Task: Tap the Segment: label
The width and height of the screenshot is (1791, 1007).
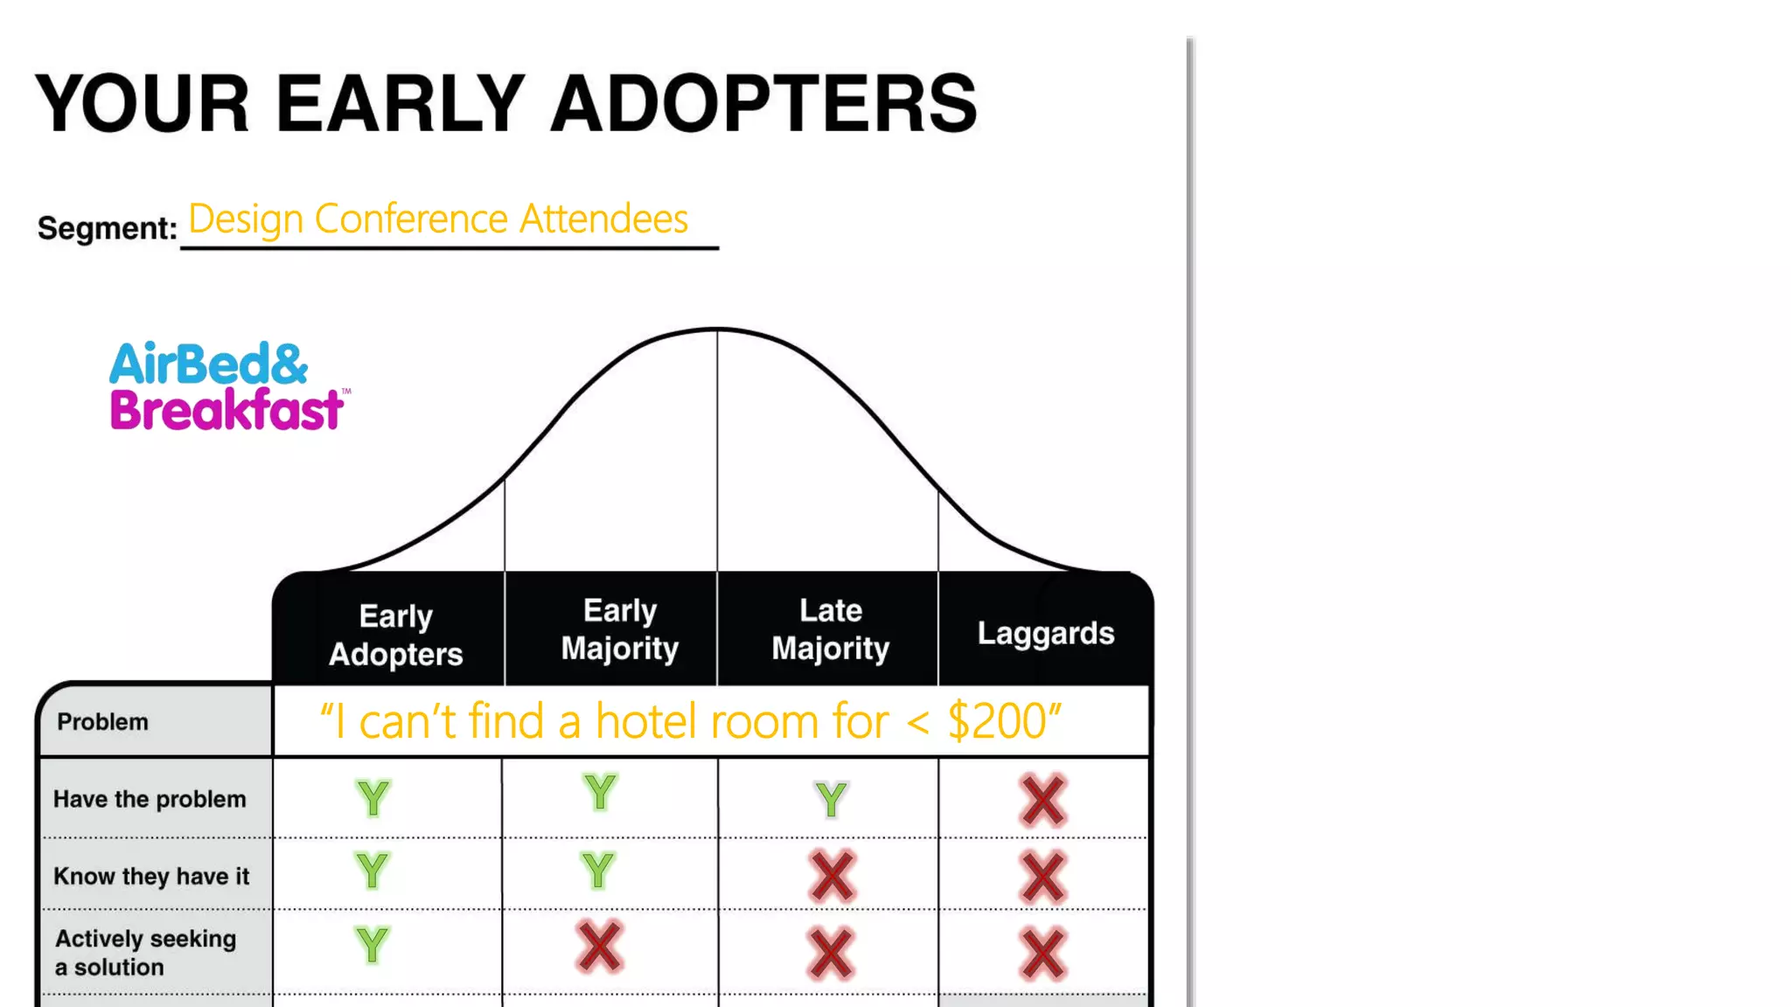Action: coord(107,228)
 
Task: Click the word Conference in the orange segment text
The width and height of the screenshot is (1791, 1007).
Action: coord(411,219)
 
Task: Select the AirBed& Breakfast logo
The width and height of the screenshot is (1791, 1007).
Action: coord(227,386)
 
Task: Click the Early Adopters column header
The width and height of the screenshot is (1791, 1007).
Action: coord(395,635)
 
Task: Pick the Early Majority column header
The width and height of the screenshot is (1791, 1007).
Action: coord(619,629)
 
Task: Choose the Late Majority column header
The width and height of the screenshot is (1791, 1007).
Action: coord(830,629)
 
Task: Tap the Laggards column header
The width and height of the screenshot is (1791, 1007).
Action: coord(1045,633)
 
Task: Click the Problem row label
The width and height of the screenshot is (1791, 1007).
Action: coord(102,722)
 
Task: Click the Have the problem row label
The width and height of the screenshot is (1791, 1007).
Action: coord(150,799)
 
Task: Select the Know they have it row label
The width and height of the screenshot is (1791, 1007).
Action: coord(151,876)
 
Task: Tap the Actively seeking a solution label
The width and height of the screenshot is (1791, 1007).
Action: coord(145,952)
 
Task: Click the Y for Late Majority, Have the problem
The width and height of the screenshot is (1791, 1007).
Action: coord(831,799)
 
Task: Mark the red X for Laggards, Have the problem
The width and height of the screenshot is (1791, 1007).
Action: coord(1042,800)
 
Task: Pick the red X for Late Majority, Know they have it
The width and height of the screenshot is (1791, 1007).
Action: coord(832,876)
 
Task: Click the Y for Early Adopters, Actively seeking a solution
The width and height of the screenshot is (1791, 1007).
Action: coord(372,945)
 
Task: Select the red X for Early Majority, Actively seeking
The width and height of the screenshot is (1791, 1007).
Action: coord(599,947)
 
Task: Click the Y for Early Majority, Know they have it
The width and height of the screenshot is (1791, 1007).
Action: coord(598,871)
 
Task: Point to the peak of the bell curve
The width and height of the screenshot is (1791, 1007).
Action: coord(717,330)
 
